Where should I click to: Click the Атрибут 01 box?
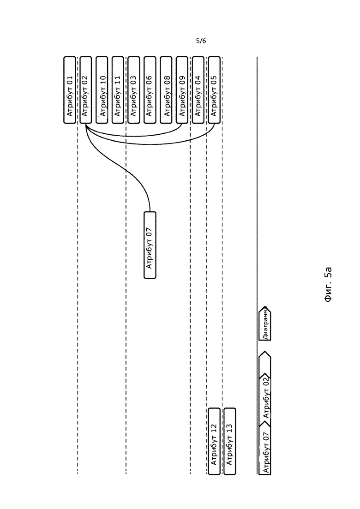point(70,90)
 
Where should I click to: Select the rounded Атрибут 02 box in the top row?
point(86,90)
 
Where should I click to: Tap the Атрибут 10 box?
point(102,90)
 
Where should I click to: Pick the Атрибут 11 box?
point(118,90)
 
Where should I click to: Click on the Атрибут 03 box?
point(134,90)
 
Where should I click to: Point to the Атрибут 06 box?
point(150,90)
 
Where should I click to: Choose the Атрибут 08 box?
point(166,90)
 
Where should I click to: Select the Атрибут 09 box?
point(182,90)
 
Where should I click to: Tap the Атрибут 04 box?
point(198,90)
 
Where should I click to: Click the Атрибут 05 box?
point(214,90)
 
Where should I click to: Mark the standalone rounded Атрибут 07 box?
point(150,245)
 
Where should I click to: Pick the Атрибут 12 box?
point(214,441)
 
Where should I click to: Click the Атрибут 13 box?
point(230,441)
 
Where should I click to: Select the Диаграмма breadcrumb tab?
point(265,323)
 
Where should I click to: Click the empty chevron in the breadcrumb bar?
point(265,364)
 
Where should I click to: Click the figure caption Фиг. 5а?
point(328,285)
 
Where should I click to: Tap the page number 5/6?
point(201,41)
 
